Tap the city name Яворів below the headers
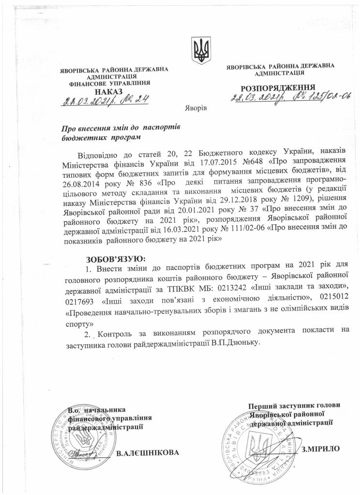point(196,107)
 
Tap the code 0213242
point(225,286)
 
